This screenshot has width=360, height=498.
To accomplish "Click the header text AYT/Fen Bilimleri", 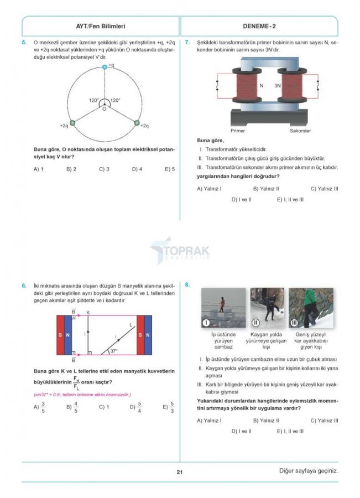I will tap(101, 26).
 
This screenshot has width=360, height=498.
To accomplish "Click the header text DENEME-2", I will tap(259, 26).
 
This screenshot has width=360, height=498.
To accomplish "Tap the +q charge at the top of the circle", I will tap(104, 67).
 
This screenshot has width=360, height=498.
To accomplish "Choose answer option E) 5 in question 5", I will tap(170, 169).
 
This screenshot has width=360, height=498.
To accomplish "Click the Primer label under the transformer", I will tap(238, 131).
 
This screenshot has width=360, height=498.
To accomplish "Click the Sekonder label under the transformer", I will tap(300, 131).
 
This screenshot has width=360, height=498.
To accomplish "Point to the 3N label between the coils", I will tap(278, 86).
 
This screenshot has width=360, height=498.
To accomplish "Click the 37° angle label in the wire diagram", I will tap(114, 351).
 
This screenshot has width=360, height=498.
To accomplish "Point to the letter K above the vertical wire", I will tap(87, 314).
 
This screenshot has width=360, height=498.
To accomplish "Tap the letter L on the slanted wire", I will tap(131, 325).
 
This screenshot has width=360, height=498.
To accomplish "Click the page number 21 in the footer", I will tap(180, 472).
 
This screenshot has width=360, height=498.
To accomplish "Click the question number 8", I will tap(188, 285).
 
